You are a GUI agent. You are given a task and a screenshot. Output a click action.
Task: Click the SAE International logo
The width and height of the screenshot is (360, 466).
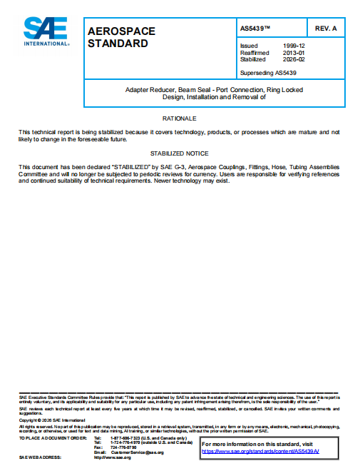tap(46, 31)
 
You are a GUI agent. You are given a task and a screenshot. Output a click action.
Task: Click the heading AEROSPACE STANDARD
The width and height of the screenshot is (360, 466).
tap(120, 37)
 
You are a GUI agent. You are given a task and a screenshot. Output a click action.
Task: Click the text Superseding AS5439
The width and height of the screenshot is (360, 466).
tap(268, 72)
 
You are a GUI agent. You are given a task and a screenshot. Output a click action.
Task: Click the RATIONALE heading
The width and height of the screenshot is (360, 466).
tap(179, 117)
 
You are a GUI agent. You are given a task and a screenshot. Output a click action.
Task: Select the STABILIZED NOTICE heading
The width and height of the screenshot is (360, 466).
tap(179, 153)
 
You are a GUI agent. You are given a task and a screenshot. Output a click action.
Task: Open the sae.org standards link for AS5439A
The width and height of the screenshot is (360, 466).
tap(260, 452)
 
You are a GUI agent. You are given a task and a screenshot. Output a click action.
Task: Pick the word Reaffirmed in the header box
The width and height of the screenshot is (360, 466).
tap(254, 52)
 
